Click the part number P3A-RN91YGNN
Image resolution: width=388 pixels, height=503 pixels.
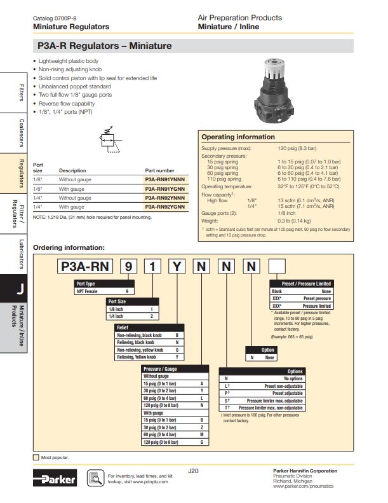pos(164,188)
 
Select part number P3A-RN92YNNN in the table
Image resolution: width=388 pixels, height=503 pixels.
pos(164,198)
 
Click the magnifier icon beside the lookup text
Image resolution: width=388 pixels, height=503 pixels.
pos(95,478)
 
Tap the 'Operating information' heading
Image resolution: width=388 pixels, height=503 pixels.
pos(238,137)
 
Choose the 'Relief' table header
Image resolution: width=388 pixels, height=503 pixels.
pos(123,327)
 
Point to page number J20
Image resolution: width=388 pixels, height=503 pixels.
pos(194,471)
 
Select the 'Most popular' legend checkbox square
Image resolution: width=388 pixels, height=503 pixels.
pos(36,457)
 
